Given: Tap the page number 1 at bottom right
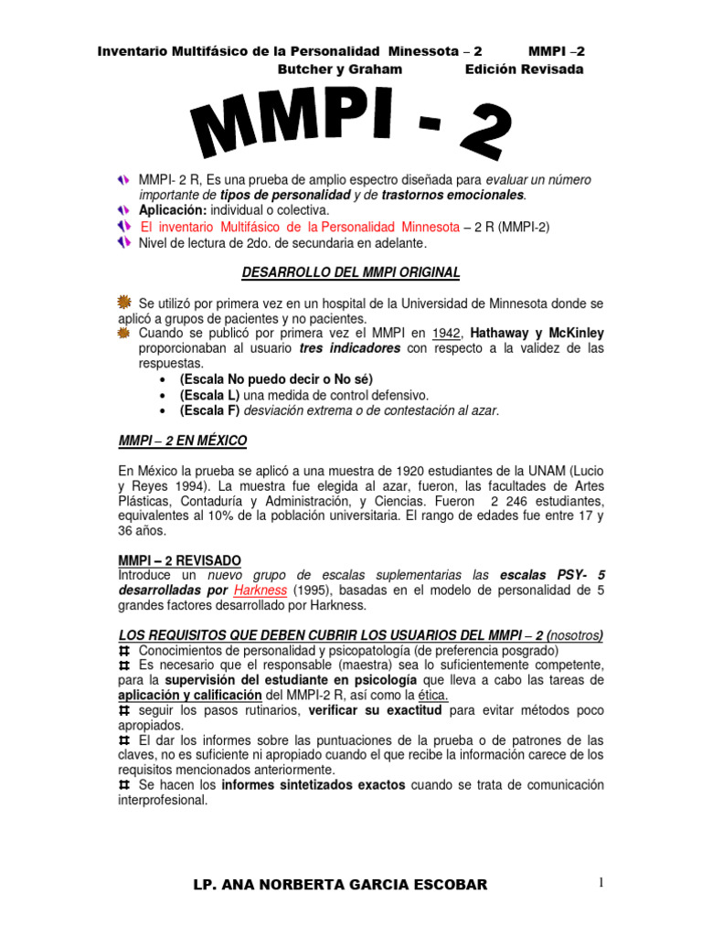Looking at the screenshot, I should coord(601,882).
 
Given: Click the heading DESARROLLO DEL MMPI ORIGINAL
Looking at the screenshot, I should coord(351,272).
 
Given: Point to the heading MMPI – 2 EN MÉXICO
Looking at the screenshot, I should coord(183,441).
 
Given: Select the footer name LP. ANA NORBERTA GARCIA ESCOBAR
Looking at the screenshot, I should coord(341,885).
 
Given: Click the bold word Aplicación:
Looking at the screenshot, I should coord(180,209).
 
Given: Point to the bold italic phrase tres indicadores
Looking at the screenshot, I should coord(348,348).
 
